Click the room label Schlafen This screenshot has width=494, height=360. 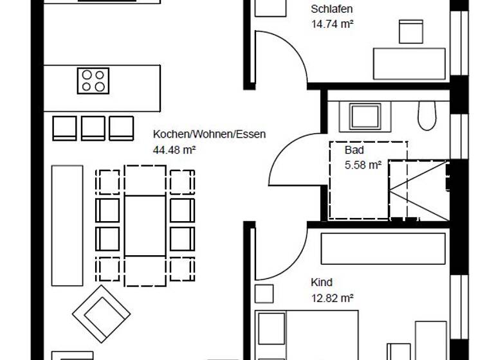click(x=331, y=10)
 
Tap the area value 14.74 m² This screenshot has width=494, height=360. click(x=333, y=24)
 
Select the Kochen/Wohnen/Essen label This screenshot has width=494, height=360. click(x=209, y=135)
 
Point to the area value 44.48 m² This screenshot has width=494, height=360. click(x=174, y=150)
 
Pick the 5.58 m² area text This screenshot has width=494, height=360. click(x=363, y=165)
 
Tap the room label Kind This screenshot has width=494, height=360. click(x=322, y=282)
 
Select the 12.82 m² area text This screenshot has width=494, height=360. click(x=332, y=297)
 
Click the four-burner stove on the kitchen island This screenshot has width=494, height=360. click(x=93, y=80)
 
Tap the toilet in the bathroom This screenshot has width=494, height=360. click(x=426, y=116)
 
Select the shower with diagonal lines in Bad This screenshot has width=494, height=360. click(x=417, y=190)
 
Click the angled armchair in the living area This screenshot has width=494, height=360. click(x=101, y=314)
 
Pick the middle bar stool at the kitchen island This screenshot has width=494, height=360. click(x=93, y=128)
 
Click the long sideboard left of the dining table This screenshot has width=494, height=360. click(x=67, y=225)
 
